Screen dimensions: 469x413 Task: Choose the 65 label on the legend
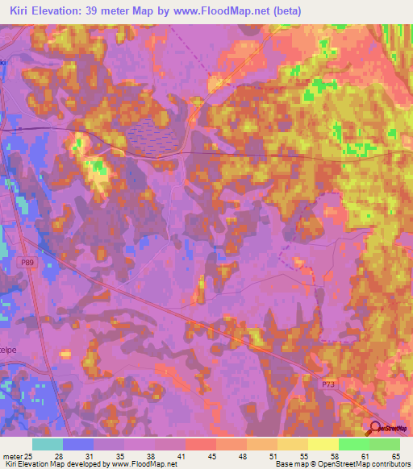click(x=395, y=457)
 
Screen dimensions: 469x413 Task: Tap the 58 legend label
click(x=311, y=457)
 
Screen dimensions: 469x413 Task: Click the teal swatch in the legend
click(x=48, y=444)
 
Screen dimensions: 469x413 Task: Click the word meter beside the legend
click(x=14, y=457)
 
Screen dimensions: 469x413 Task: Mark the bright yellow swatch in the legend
click(x=323, y=444)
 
